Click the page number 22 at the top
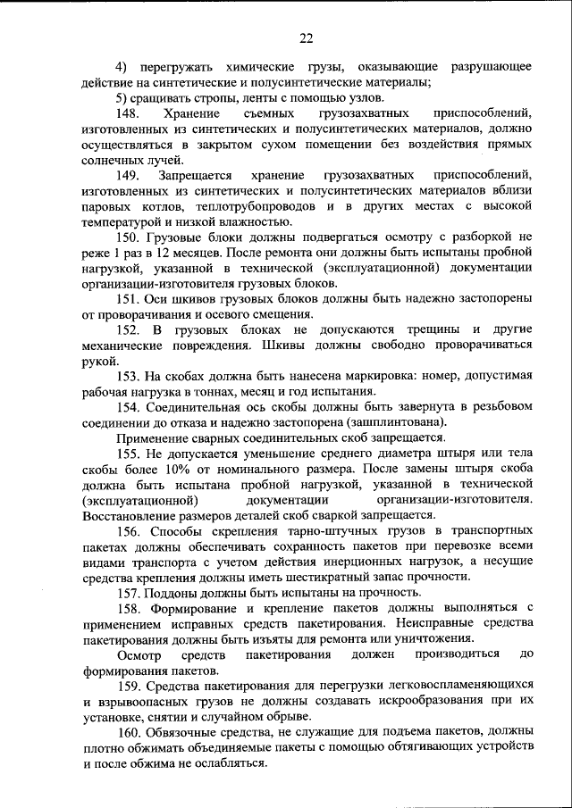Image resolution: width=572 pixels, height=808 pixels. (305, 37)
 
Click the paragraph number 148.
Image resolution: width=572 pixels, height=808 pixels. (130, 113)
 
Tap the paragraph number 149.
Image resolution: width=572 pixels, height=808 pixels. (130, 175)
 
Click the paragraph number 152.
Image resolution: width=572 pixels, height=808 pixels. (130, 330)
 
